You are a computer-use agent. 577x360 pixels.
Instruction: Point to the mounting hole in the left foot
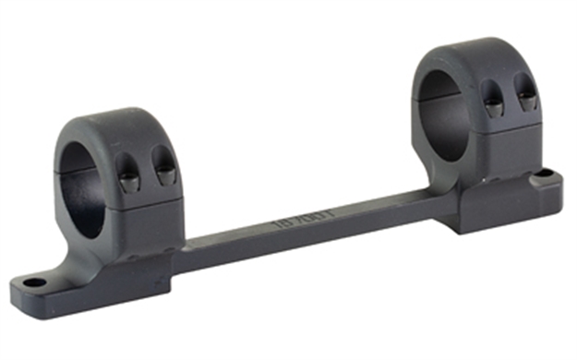click(x=35, y=282)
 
